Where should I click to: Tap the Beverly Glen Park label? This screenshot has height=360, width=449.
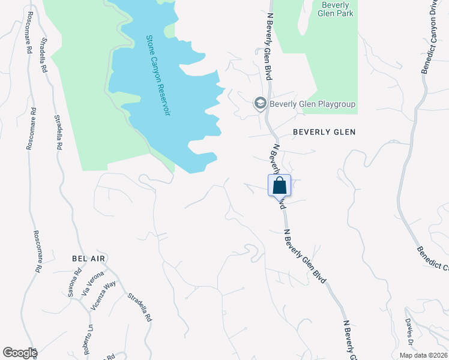point(336,9)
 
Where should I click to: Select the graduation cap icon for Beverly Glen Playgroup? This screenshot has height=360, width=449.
point(260,104)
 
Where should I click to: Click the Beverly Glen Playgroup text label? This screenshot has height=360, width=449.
point(312,104)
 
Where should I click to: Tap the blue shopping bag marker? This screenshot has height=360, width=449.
point(279,185)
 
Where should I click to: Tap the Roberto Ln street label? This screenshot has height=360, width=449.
point(88,340)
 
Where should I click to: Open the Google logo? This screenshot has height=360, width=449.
point(20,353)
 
